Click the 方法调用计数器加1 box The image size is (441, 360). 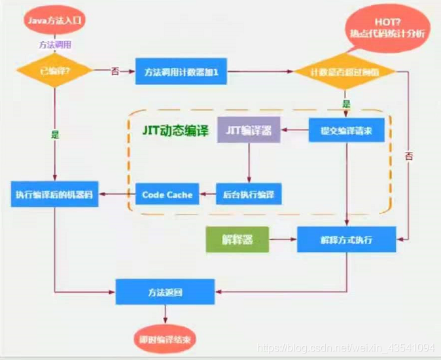(181, 73)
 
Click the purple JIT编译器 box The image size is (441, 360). (250, 131)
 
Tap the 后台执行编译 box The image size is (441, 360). (249, 194)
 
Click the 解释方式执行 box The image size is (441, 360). (345, 240)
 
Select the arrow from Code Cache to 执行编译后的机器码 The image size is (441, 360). (117, 194)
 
